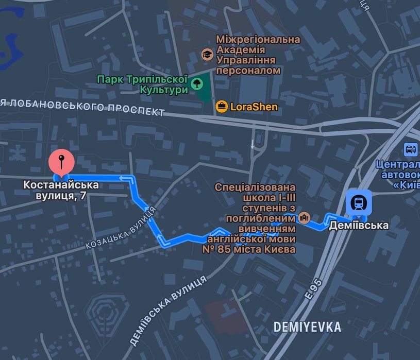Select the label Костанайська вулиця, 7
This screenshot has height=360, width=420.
(61, 190)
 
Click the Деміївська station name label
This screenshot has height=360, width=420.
(359, 225)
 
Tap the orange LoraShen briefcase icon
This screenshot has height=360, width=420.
(222, 107)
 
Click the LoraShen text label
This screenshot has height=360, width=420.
(254, 107)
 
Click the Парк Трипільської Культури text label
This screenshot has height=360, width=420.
(142, 84)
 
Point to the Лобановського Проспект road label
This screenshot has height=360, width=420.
(82, 107)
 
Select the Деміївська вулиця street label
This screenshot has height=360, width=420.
(169, 309)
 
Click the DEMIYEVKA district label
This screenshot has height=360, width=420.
(307, 327)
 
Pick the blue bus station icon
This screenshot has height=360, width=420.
(411, 150)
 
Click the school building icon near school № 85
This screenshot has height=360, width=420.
(304, 217)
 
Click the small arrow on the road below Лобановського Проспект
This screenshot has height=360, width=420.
(253, 145)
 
